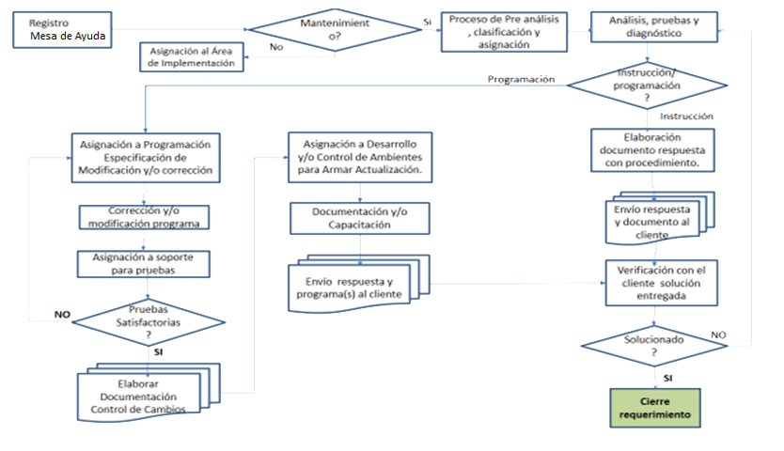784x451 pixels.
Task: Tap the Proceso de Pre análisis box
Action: click(x=505, y=32)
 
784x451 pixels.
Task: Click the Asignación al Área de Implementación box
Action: click(x=193, y=56)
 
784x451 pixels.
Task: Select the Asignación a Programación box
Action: click(x=146, y=157)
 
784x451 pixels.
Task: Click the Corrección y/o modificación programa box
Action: click(x=144, y=216)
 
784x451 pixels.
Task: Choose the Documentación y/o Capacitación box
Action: click(x=360, y=218)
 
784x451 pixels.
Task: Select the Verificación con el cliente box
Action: click(x=661, y=281)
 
